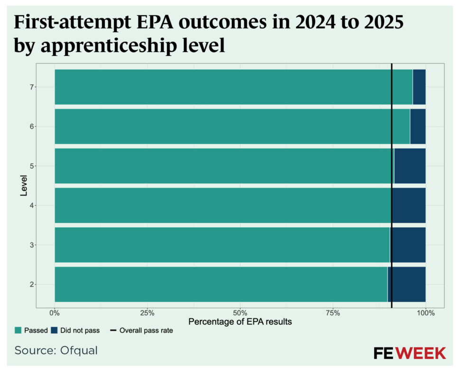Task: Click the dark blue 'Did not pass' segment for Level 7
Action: click(x=419, y=87)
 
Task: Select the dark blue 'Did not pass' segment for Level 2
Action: click(x=406, y=284)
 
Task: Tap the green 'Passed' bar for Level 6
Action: click(x=232, y=126)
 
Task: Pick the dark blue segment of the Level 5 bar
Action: click(x=410, y=166)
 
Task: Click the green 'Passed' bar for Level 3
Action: click(x=222, y=245)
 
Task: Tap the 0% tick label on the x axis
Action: click(x=55, y=313)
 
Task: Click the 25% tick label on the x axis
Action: click(x=147, y=313)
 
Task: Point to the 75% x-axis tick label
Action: click(x=333, y=313)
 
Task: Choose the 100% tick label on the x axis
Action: click(x=425, y=313)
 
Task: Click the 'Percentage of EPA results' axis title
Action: click(x=240, y=322)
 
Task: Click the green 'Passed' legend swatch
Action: click(x=18, y=330)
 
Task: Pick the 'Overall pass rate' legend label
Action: click(x=146, y=330)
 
